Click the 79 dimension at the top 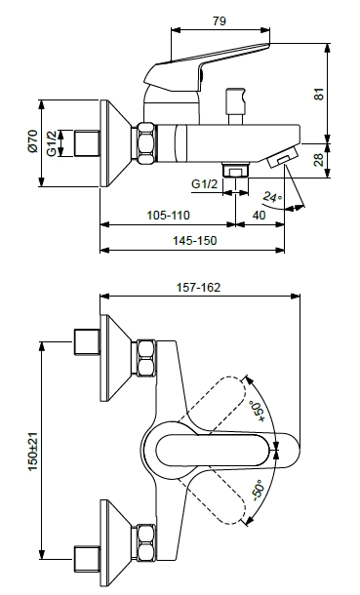pyautogui.click(x=219, y=20)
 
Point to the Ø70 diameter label pyautogui.click(x=32, y=141)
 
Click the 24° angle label pyautogui.click(x=273, y=197)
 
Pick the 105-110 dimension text pyautogui.click(x=168, y=216)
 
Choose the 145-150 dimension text pyautogui.click(x=194, y=240)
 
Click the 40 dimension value pyautogui.click(x=259, y=216)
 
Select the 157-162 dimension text pyautogui.click(x=198, y=287)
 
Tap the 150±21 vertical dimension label pyautogui.click(x=33, y=452)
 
